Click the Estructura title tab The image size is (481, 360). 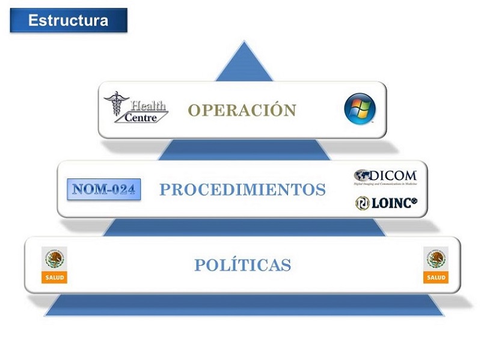click(x=68, y=20)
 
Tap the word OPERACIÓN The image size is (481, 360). click(x=242, y=111)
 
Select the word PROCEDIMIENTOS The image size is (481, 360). click(x=242, y=190)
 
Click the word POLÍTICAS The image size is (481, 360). click(x=242, y=264)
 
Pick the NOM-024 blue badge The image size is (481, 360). click(x=103, y=189)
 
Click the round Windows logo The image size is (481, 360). click(x=360, y=109)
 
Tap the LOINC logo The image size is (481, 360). click(x=385, y=203)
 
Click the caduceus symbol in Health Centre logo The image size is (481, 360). click(x=115, y=103)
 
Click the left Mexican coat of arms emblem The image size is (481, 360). click(x=55, y=259)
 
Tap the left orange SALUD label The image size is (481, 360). click(x=55, y=278)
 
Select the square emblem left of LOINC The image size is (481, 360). click(x=362, y=203)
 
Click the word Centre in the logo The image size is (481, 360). click(x=142, y=117)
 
